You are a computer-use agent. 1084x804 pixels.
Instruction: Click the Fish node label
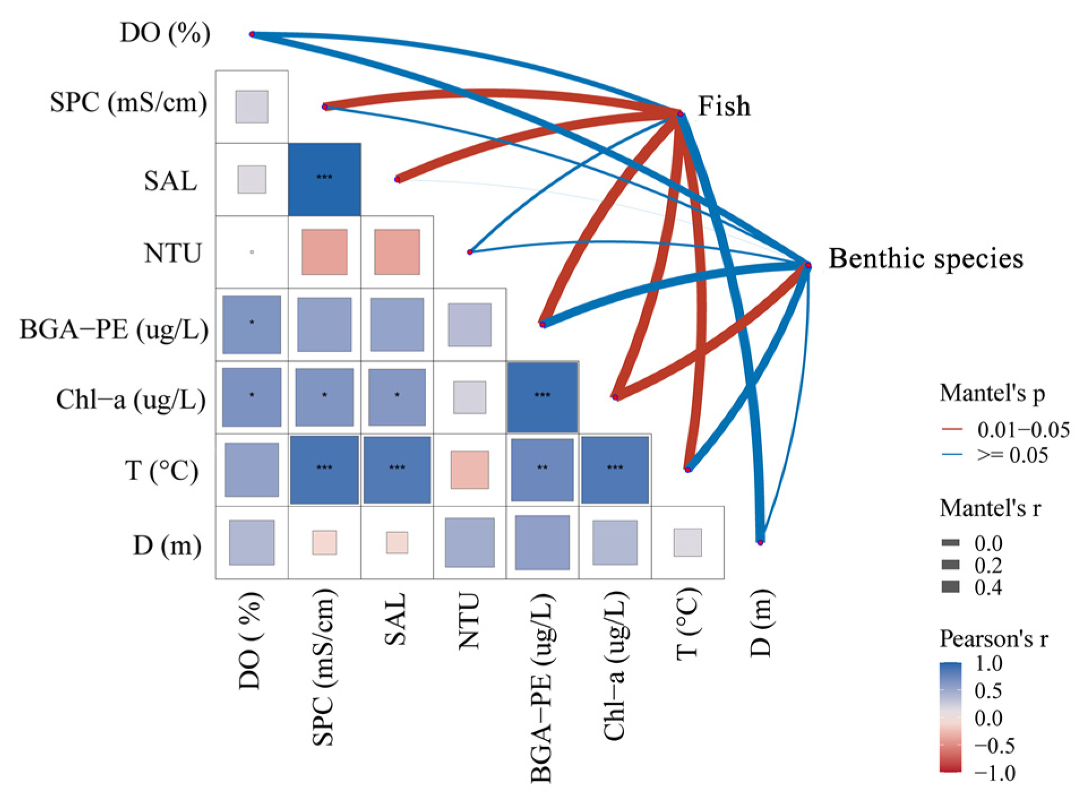click(x=724, y=106)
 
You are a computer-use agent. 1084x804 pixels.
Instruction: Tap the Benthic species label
click(x=926, y=259)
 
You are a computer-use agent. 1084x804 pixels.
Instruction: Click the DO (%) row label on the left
click(x=165, y=33)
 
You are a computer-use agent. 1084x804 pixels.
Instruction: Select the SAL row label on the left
click(x=170, y=181)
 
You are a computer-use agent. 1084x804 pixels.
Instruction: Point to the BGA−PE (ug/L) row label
click(x=114, y=329)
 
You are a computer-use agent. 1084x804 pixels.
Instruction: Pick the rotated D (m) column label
click(x=761, y=623)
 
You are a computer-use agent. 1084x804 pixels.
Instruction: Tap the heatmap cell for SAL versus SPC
click(x=324, y=179)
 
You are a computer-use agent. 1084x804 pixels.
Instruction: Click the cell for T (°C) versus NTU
click(x=470, y=470)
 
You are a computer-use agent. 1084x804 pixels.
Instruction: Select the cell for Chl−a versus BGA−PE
click(x=542, y=397)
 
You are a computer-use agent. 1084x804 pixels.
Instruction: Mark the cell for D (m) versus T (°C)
click(x=687, y=543)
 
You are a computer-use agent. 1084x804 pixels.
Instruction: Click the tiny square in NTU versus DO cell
click(x=252, y=252)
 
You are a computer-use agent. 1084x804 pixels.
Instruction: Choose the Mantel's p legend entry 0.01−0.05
click(x=1023, y=430)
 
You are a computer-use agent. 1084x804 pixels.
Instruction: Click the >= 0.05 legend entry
click(x=1012, y=455)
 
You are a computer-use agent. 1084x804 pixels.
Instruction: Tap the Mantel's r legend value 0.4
click(x=988, y=587)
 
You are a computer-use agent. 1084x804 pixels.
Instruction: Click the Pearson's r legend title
click(x=993, y=639)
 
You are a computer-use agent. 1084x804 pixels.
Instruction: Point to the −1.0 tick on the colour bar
click(x=995, y=773)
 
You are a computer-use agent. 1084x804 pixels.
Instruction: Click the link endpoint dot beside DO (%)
click(x=252, y=34)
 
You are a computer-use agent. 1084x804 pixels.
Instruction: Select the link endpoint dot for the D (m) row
click(x=760, y=542)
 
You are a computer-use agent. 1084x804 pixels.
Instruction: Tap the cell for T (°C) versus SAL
click(x=397, y=470)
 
